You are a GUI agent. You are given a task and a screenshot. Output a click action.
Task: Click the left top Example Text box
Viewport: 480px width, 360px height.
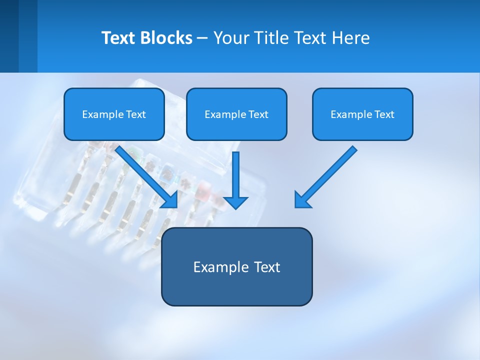point(114,114)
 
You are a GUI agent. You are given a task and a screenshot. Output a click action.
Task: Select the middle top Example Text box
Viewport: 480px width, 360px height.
point(236,114)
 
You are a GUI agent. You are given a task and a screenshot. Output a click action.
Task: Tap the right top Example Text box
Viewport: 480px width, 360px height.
point(362,114)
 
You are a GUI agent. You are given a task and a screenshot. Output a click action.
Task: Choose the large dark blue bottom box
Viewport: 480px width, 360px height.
point(236,266)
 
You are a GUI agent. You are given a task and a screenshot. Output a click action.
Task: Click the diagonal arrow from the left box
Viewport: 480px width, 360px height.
point(145,175)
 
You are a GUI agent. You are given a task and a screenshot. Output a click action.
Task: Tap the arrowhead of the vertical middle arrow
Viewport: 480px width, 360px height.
point(235,202)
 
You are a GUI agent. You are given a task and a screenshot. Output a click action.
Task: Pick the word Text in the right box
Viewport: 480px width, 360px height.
point(383,114)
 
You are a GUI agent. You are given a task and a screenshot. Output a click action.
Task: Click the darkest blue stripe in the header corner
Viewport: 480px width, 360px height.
point(9,36)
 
